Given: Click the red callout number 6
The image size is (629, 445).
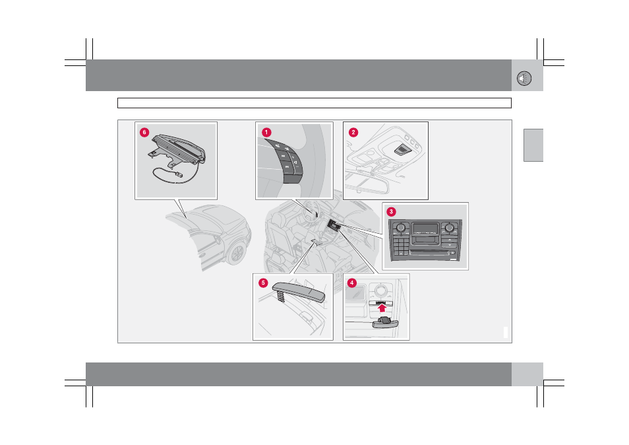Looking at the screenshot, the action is click(x=144, y=133).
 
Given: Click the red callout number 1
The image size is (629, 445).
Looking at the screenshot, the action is click(x=266, y=133).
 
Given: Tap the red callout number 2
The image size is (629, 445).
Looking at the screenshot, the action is click(x=353, y=133).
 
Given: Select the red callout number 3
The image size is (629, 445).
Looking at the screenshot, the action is click(x=391, y=212).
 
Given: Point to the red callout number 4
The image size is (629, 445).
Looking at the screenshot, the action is click(x=352, y=283).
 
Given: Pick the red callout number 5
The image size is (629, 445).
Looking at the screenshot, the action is click(x=263, y=283).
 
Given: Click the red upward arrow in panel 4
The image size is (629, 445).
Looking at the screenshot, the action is click(x=382, y=308).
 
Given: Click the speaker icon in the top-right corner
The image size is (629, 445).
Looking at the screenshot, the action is click(x=524, y=79).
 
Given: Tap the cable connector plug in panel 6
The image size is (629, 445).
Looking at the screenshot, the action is click(x=178, y=175).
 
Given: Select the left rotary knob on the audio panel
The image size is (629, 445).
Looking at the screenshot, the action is click(x=400, y=227).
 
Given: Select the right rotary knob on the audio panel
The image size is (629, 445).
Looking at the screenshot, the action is click(x=449, y=228).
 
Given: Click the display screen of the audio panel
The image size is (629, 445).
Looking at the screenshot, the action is click(x=425, y=228).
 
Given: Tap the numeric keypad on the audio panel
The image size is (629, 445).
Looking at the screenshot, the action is click(x=400, y=244).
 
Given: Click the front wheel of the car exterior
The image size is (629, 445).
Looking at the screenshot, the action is click(x=237, y=253).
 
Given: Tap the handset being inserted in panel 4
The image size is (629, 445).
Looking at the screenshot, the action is click(x=385, y=322).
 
